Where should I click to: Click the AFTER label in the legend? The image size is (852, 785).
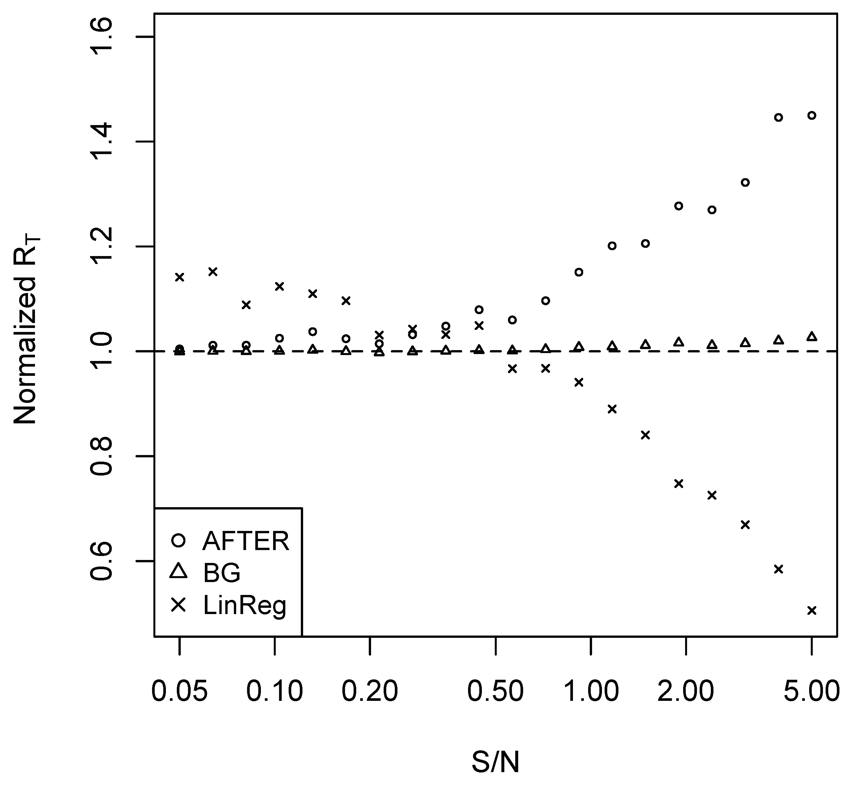pyautogui.click(x=246, y=541)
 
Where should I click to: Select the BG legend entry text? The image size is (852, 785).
pyautogui.click(x=222, y=573)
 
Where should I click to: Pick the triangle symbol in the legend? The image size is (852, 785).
pyautogui.click(x=178, y=572)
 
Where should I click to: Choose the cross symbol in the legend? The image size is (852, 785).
pyautogui.click(x=178, y=605)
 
